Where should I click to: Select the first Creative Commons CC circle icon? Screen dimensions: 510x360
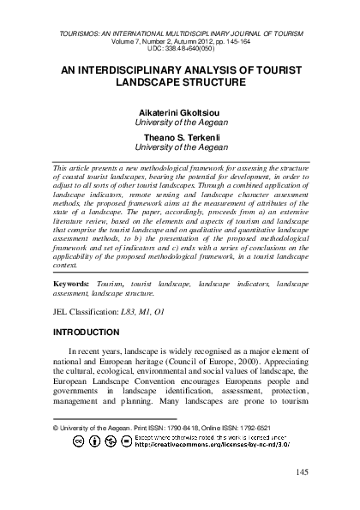click(x=79, y=441)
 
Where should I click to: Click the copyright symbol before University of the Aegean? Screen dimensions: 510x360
click(x=56, y=426)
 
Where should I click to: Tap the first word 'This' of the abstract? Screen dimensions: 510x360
click(x=62, y=171)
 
